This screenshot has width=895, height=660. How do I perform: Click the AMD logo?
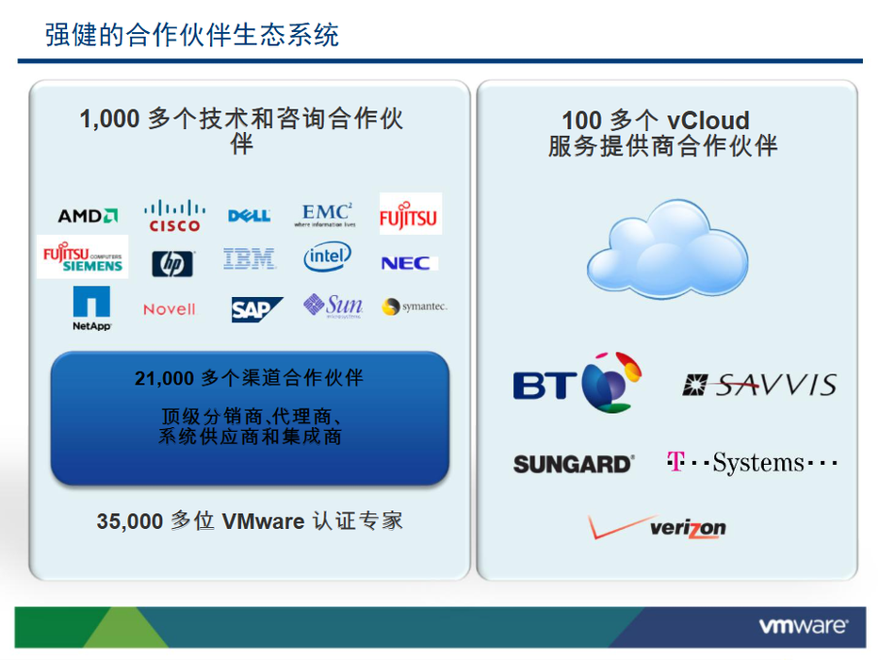coord(88,216)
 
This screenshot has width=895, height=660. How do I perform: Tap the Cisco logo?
coord(174,215)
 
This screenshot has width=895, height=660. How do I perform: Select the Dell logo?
coord(249,215)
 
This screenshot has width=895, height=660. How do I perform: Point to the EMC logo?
coord(325,215)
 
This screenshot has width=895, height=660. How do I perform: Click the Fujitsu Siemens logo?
coord(83,256)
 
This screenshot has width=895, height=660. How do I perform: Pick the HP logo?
coord(172,263)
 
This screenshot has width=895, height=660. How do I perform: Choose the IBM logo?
coord(250,258)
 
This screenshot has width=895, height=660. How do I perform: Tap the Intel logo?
coord(327,256)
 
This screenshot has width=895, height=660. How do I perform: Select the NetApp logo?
coord(91,308)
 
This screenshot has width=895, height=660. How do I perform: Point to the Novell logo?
coord(169,309)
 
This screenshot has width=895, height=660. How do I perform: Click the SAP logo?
coord(256,309)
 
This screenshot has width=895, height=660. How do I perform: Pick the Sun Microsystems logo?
coord(333,305)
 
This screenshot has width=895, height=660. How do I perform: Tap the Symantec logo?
coord(415,306)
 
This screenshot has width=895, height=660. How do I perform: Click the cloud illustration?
coord(667,249)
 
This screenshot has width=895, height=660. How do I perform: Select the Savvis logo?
coord(759,385)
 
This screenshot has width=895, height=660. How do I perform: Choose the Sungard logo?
coord(574,464)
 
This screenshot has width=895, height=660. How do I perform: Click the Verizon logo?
coord(657,527)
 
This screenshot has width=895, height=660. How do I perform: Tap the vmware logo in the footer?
coord(803,626)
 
